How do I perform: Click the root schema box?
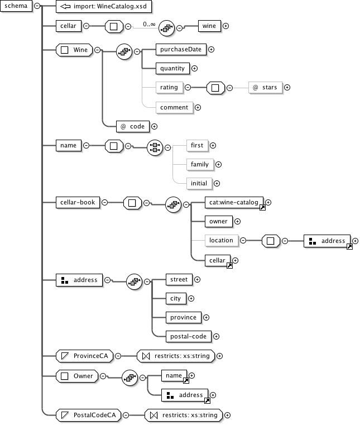(16, 6)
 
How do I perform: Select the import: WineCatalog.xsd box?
(104, 6)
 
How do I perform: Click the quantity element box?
(172, 68)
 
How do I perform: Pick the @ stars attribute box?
(265, 87)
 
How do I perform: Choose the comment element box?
(174, 107)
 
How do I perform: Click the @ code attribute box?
(132, 126)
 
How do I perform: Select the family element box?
(199, 164)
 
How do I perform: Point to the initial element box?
(199, 183)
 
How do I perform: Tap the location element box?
(220, 240)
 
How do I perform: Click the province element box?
(183, 317)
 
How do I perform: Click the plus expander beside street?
(197, 279)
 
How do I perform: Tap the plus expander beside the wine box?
(225, 26)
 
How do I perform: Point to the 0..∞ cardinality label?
(149, 24)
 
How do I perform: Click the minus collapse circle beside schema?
(37, 6)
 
